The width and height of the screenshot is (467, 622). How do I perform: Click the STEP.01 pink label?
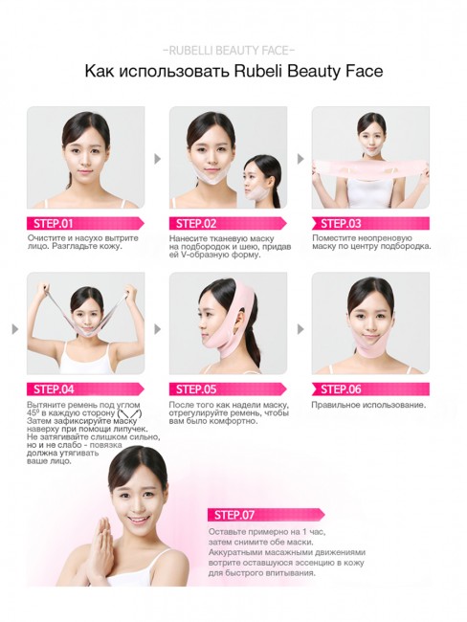[53, 223]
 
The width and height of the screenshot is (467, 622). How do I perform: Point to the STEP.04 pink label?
[54, 389]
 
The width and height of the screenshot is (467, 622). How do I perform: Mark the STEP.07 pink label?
[233, 514]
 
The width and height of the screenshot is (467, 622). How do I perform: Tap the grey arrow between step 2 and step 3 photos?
[300, 159]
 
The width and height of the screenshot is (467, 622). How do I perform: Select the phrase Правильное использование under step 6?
[369, 405]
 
